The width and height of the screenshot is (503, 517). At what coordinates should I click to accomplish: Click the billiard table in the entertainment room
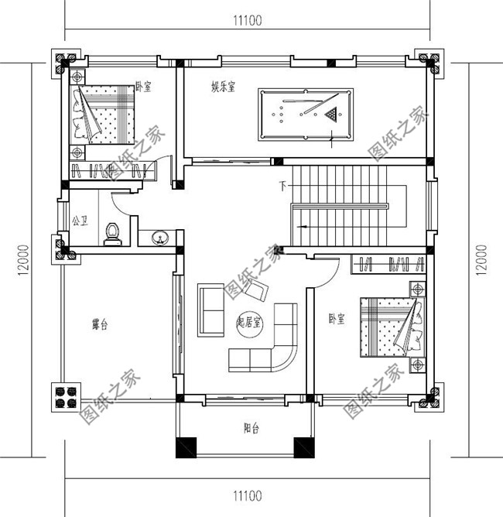305,115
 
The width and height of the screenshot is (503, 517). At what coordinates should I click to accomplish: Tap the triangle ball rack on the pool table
331,115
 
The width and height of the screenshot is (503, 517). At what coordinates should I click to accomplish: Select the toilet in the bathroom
113,233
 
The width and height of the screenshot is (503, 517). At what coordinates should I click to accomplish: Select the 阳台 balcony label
250,426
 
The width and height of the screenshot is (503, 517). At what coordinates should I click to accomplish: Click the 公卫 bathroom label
79,221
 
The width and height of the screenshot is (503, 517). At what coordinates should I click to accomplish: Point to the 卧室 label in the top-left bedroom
142,87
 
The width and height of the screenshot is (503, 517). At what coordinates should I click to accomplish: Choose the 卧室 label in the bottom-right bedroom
336,318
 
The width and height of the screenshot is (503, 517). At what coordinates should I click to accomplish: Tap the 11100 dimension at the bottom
245,496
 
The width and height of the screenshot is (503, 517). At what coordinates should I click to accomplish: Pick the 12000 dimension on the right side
482,259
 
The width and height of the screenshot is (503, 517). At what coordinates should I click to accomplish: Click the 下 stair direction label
283,187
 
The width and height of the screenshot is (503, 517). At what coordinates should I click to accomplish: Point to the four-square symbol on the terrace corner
65,396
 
